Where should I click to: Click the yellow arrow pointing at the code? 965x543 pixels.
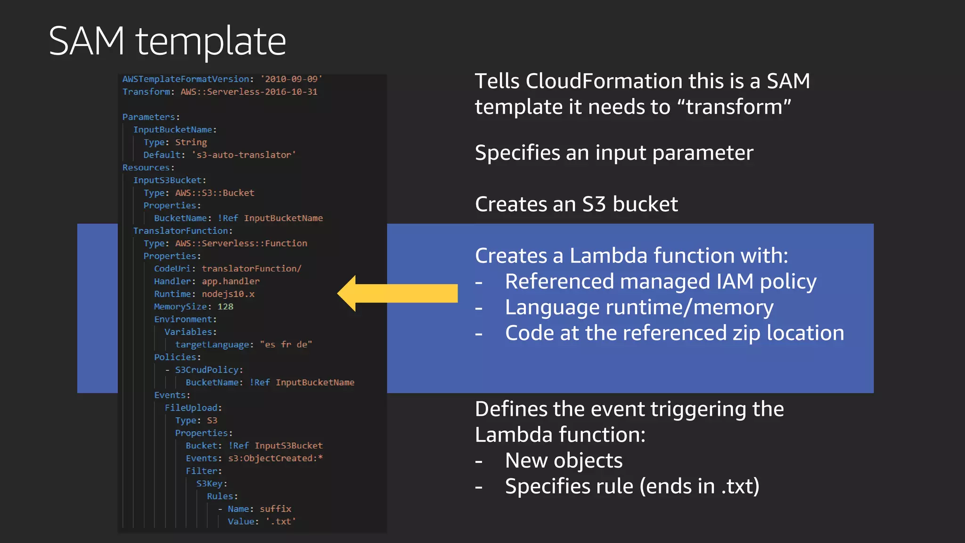397,293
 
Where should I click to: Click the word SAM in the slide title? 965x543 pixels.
87,41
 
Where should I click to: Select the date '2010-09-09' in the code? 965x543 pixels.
291,79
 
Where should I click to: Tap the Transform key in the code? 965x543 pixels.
146,92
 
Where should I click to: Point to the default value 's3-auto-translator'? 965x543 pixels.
244,155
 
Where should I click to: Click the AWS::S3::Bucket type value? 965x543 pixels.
214,193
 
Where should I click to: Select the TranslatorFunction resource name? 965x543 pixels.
181,231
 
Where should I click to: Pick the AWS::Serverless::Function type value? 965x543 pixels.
241,243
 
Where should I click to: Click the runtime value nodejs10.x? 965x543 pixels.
228,294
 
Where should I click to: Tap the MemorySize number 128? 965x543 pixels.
225,307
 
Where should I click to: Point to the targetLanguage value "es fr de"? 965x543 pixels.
286,345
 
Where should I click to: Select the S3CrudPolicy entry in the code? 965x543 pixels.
207,370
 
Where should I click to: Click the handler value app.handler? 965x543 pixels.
230,281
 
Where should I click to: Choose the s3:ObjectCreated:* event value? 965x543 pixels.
275,458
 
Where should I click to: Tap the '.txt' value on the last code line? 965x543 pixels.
281,521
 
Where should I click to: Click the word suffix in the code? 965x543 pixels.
275,509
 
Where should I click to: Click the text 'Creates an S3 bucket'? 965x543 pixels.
576,204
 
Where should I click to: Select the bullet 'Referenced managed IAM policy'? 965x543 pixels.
660,281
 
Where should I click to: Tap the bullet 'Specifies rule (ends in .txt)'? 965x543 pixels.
631,486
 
